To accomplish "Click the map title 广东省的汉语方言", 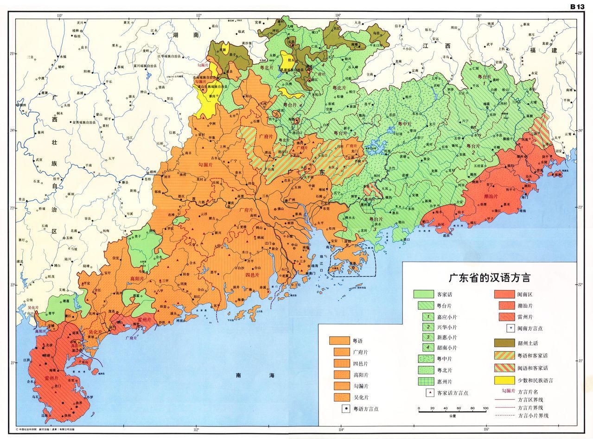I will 490,278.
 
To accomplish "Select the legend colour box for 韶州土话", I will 503,343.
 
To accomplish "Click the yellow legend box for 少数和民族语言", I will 503,380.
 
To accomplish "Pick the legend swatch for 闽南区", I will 503,294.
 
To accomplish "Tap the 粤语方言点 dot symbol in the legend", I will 345,409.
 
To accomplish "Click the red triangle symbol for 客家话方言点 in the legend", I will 431,393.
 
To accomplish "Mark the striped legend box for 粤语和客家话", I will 503,356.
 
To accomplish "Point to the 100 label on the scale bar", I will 485,408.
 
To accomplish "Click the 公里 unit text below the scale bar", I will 452,416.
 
